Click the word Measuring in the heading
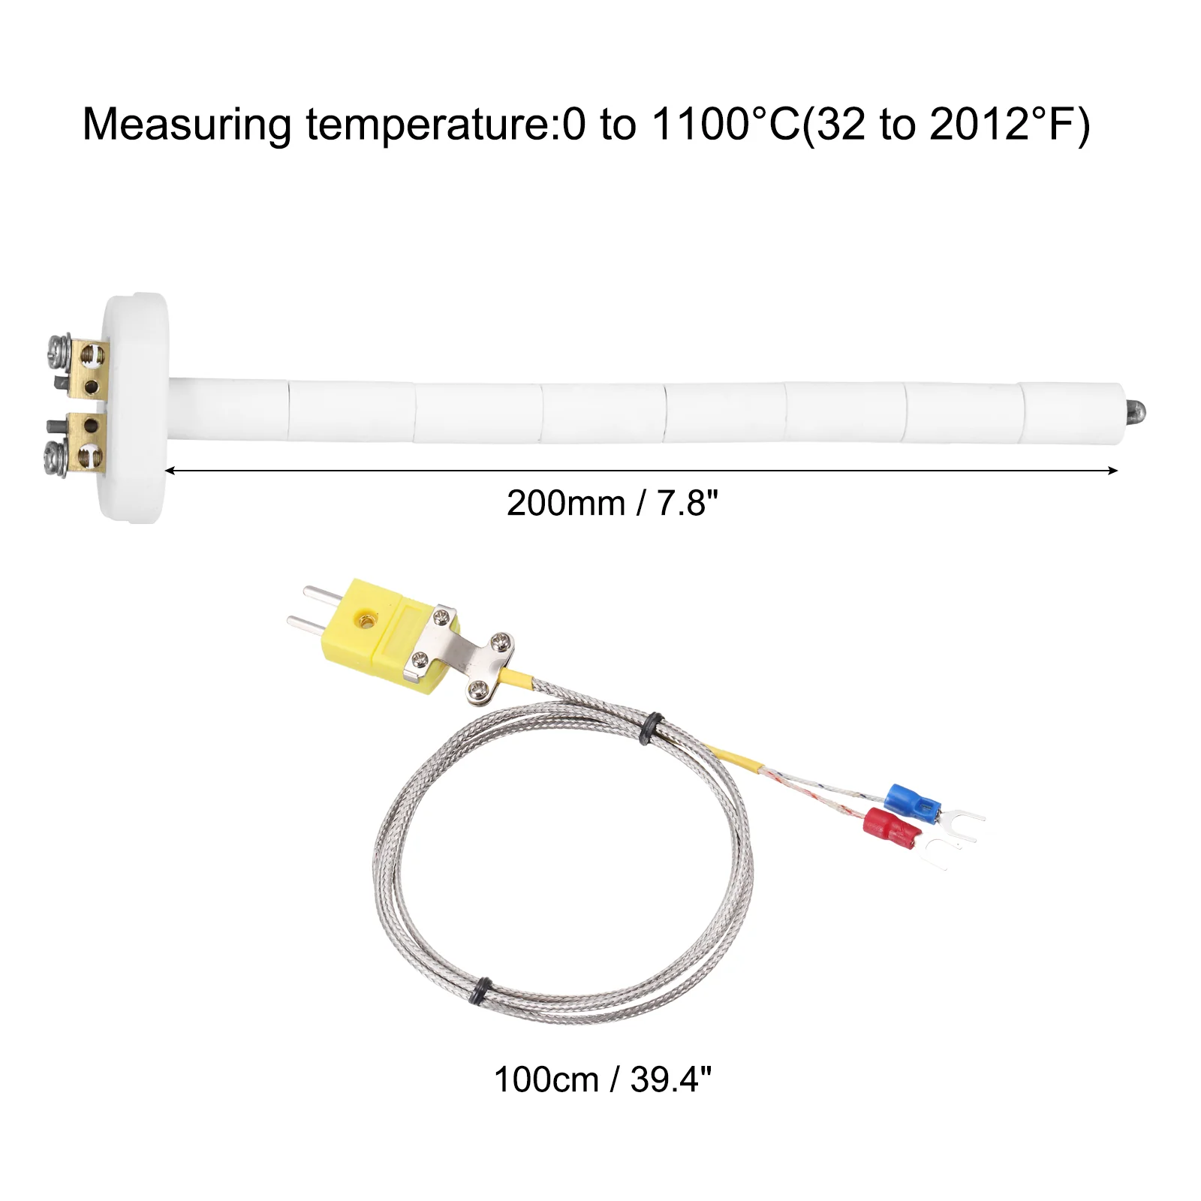click(x=187, y=125)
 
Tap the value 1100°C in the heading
click(x=726, y=124)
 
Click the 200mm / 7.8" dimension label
click(x=612, y=503)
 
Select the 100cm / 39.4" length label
click(x=602, y=1080)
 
